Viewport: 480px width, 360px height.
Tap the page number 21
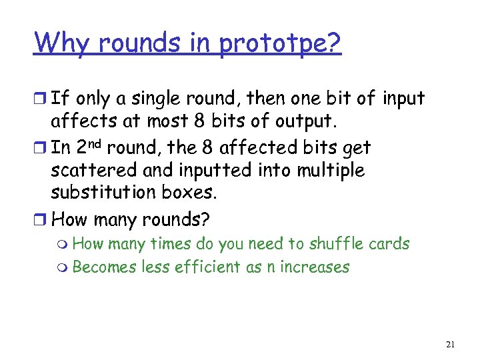(x=449, y=345)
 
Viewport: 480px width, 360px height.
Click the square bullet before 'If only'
(x=41, y=99)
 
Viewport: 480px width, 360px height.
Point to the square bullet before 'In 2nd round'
(x=41, y=147)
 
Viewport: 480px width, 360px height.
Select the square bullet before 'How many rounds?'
(x=41, y=219)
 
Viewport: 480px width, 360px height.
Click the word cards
(x=391, y=243)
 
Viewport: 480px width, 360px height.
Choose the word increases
(x=316, y=267)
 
